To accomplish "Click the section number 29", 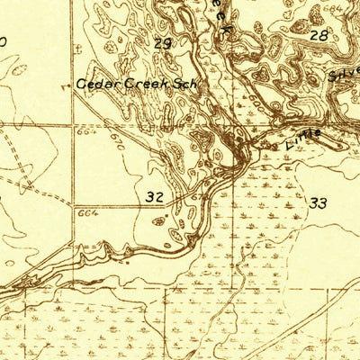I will (163, 42).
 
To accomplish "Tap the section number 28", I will (319, 35).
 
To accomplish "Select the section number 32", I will (154, 195).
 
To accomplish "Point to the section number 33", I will (318, 203).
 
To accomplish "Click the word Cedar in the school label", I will (92, 83).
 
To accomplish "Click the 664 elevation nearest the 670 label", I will (87, 132).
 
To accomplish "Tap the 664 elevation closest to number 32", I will (87, 213).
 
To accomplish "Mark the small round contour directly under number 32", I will (159, 219).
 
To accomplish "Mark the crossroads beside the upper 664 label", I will (73, 126).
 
